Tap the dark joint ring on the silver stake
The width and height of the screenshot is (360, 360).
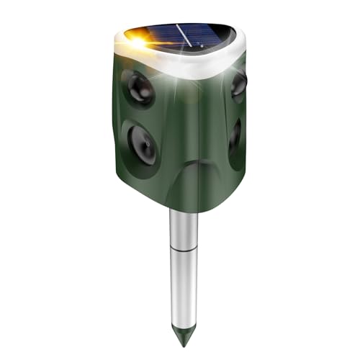[x=184, y=251]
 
